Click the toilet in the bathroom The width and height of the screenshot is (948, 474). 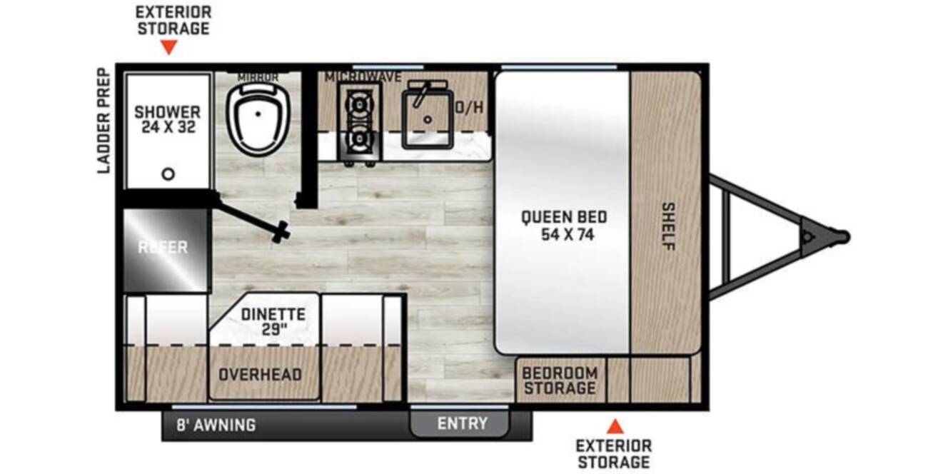coord(258,119)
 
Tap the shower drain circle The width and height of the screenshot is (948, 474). coord(168,173)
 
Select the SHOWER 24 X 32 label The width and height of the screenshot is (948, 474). coord(168,119)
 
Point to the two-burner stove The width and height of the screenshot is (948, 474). coord(359,122)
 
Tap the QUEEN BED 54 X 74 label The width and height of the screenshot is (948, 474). coord(564,226)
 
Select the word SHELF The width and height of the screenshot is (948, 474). coord(668,226)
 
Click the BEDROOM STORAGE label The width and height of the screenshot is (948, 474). coord(560,380)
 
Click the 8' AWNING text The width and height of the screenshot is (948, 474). coord(216,425)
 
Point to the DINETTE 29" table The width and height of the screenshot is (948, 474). coord(264,320)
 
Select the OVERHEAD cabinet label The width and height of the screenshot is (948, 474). coord(260,375)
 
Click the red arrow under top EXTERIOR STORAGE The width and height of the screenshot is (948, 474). coord(169,47)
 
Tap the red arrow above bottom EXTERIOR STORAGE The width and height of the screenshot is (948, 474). coord(615,427)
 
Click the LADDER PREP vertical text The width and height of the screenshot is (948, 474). coord(104,121)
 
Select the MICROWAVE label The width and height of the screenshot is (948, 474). coord(363,77)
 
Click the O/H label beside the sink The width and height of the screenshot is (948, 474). coord(469,108)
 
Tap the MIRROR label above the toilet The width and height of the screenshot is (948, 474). coord(258,77)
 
